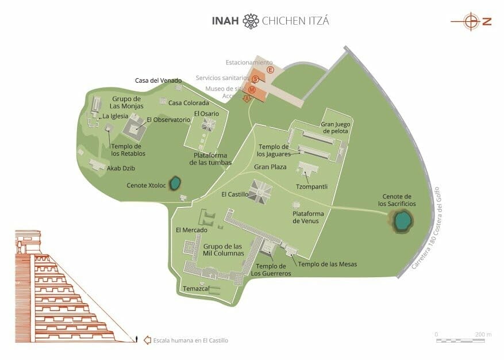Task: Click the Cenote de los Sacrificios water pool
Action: click(x=403, y=220)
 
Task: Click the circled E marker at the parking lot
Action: click(x=270, y=70)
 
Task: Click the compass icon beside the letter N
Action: click(x=472, y=22)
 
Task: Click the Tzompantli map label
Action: click(x=311, y=187)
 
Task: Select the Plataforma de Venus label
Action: click(x=308, y=217)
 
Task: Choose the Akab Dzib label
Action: click(x=121, y=168)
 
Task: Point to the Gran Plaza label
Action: click(x=270, y=167)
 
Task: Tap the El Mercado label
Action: click(x=191, y=230)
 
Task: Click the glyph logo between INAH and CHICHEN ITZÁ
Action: click(x=251, y=21)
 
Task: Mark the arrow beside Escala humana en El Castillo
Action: click(x=147, y=340)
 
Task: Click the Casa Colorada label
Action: click(x=189, y=103)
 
